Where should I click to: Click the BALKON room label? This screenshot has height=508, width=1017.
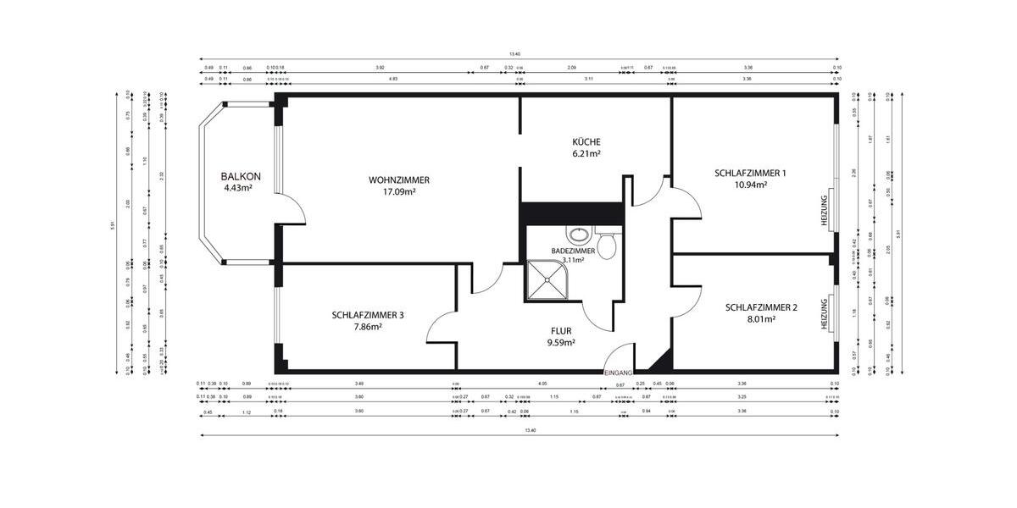coord(241,177)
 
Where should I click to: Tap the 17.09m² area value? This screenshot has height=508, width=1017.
coord(398,192)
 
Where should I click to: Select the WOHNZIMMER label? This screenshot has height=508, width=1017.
coord(398,180)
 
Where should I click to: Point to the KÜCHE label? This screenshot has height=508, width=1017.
coord(586,142)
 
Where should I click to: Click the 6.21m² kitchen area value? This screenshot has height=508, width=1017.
coord(586,154)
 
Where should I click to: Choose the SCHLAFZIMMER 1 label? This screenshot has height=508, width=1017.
coord(750,173)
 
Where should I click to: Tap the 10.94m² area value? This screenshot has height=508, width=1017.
coord(750,185)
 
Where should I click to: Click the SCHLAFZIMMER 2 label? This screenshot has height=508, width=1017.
coord(761,308)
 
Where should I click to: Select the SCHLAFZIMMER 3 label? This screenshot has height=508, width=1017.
coord(368,315)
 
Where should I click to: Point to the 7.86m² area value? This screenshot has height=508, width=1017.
coord(368,327)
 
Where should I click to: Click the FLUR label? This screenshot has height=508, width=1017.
coord(560,331)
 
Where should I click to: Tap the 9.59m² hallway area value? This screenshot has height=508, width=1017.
coord(560,343)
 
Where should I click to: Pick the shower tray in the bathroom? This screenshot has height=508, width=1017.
coord(549,280)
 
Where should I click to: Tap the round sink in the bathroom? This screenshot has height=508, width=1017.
coord(578,235)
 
